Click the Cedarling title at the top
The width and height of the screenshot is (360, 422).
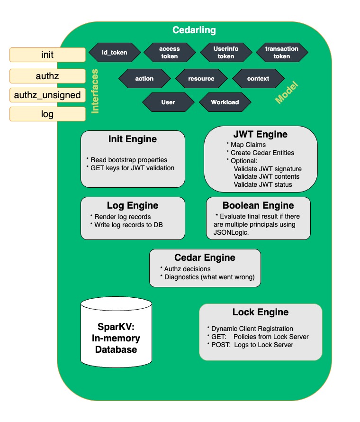point(194,30)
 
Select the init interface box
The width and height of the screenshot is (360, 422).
point(47,55)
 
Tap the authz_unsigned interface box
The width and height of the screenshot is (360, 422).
point(47,95)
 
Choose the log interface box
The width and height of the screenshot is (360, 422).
point(47,114)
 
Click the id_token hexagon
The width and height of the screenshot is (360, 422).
point(115,53)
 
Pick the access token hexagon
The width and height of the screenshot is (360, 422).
point(169,53)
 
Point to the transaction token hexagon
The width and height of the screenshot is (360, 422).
point(281,53)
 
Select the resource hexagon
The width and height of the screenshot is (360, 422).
point(201,79)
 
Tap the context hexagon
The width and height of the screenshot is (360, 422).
point(258,79)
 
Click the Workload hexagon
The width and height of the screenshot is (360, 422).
point(225,102)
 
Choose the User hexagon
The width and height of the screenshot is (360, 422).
point(168,102)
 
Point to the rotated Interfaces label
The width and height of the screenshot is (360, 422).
point(95,91)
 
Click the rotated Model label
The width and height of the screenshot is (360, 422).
point(287,93)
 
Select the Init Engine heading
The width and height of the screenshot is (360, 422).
point(133,139)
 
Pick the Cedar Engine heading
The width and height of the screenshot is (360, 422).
point(205,258)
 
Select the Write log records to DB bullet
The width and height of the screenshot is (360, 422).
point(130,224)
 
